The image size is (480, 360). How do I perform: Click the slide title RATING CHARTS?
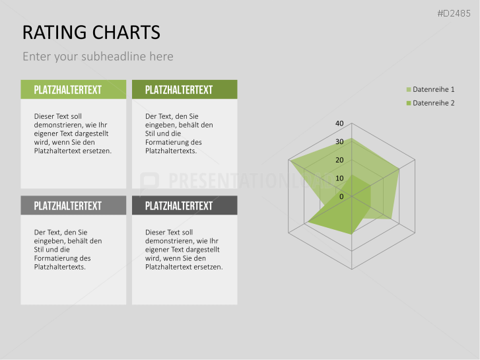(91, 32)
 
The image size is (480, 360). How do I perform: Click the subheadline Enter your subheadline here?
(98, 57)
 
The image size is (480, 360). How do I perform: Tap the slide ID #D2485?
(456, 13)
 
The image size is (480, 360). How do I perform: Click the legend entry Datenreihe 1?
(433, 90)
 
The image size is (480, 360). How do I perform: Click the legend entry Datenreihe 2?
(433, 103)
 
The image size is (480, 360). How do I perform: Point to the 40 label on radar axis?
(339, 124)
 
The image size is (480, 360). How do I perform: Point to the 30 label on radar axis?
(339, 142)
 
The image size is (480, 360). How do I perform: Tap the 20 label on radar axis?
(339, 161)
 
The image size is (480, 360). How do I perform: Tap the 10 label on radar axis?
(339, 178)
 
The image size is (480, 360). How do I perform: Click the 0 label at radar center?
(341, 197)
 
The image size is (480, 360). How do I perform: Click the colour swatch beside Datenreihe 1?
(409, 90)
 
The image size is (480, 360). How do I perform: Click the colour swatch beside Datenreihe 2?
(409, 103)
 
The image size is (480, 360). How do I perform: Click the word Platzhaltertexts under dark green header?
(170, 151)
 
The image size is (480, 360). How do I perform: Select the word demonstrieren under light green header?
(58, 125)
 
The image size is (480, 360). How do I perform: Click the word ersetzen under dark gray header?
(209, 267)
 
